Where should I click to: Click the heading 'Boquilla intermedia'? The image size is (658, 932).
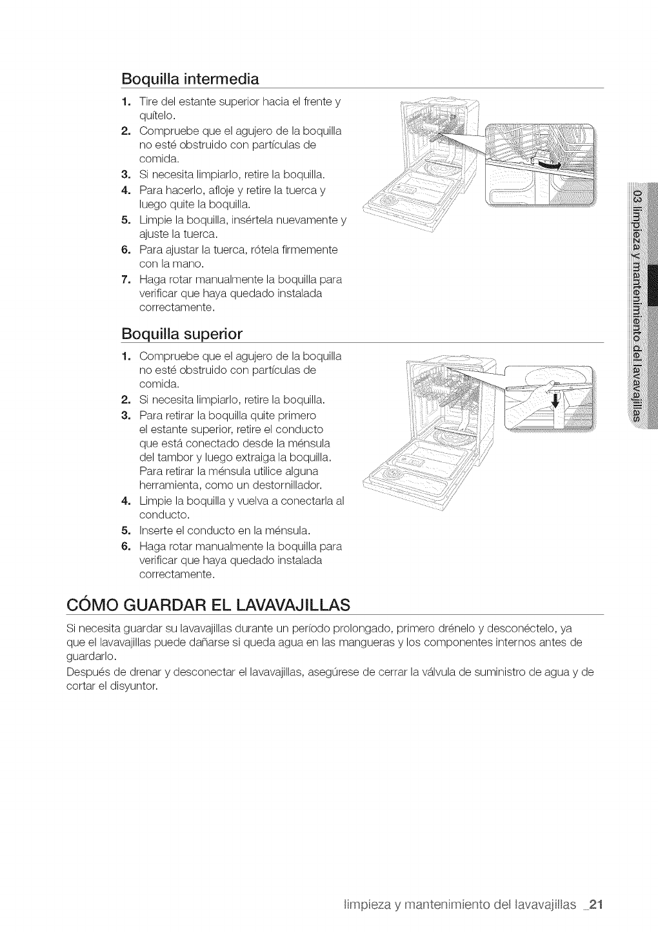(190, 79)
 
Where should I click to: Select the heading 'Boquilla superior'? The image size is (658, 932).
(181, 334)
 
